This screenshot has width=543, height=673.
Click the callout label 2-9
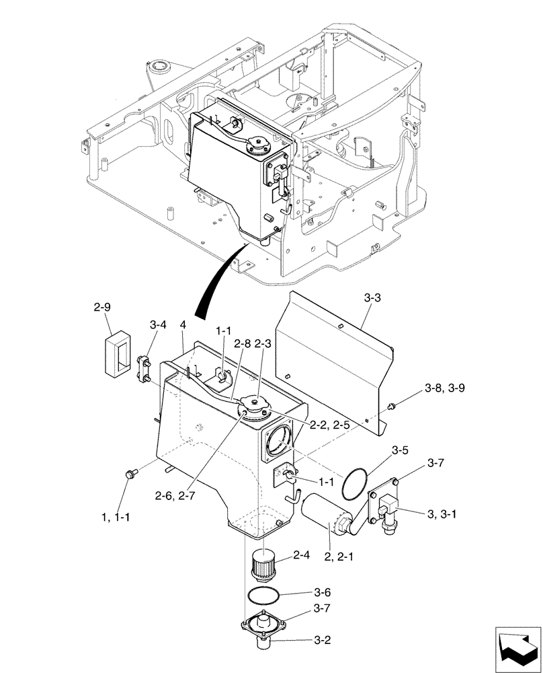point(101,309)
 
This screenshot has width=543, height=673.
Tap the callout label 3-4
point(157,325)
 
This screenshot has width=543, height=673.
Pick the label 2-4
point(302,556)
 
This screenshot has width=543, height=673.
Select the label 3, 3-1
point(448,515)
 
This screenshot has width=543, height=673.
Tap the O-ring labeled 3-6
point(263,595)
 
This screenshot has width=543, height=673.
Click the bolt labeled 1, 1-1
point(130,475)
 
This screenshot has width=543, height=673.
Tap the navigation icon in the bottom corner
point(517,647)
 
